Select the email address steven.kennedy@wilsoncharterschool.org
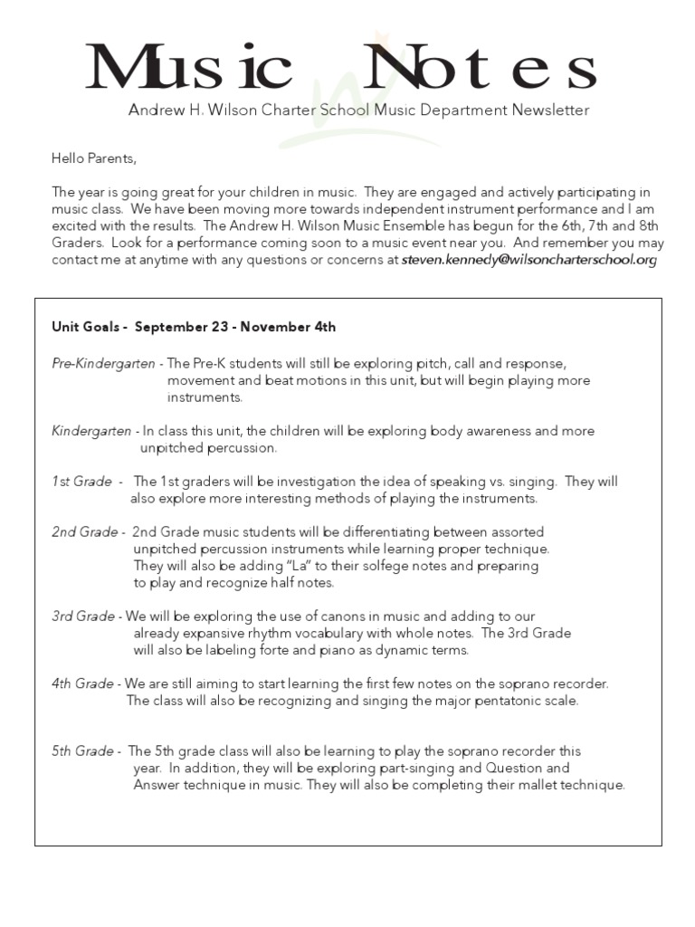tap(529, 260)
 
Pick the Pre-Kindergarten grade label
tap(102, 364)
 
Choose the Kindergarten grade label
tap(91, 431)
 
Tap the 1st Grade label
tap(81, 482)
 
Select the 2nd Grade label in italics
tap(84, 532)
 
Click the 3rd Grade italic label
tap(82, 616)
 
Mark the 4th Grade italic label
tap(82, 683)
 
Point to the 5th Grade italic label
tap(82, 751)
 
